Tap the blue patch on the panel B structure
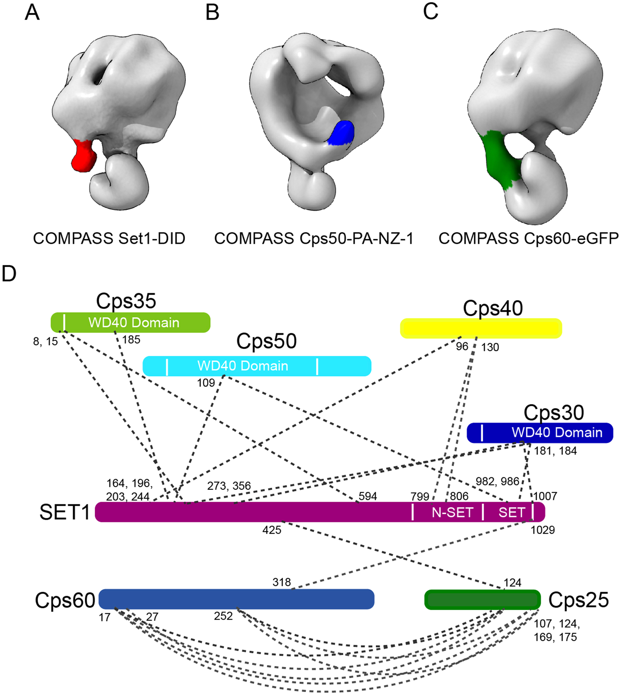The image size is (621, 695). (341, 133)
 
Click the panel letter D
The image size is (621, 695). (9, 274)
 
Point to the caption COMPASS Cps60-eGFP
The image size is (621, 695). (528, 238)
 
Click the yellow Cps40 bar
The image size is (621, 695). (481, 328)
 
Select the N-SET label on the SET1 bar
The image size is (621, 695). (452, 512)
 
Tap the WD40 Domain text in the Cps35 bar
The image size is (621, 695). (133, 323)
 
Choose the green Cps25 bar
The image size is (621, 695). (482, 600)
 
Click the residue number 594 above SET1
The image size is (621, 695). (368, 496)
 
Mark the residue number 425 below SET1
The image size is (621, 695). (271, 530)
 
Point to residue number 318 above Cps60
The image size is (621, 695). (282, 582)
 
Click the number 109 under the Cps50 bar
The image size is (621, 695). (206, 383)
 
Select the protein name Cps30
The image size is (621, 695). (553, 412)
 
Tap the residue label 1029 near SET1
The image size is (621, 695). (542, 530)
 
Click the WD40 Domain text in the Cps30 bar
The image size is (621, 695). (557, 433)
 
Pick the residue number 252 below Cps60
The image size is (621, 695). (223, 616)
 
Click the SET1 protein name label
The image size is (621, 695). (64, 512)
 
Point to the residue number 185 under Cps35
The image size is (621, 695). (131, 340)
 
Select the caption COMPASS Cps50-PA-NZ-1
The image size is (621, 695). (314, 238)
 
